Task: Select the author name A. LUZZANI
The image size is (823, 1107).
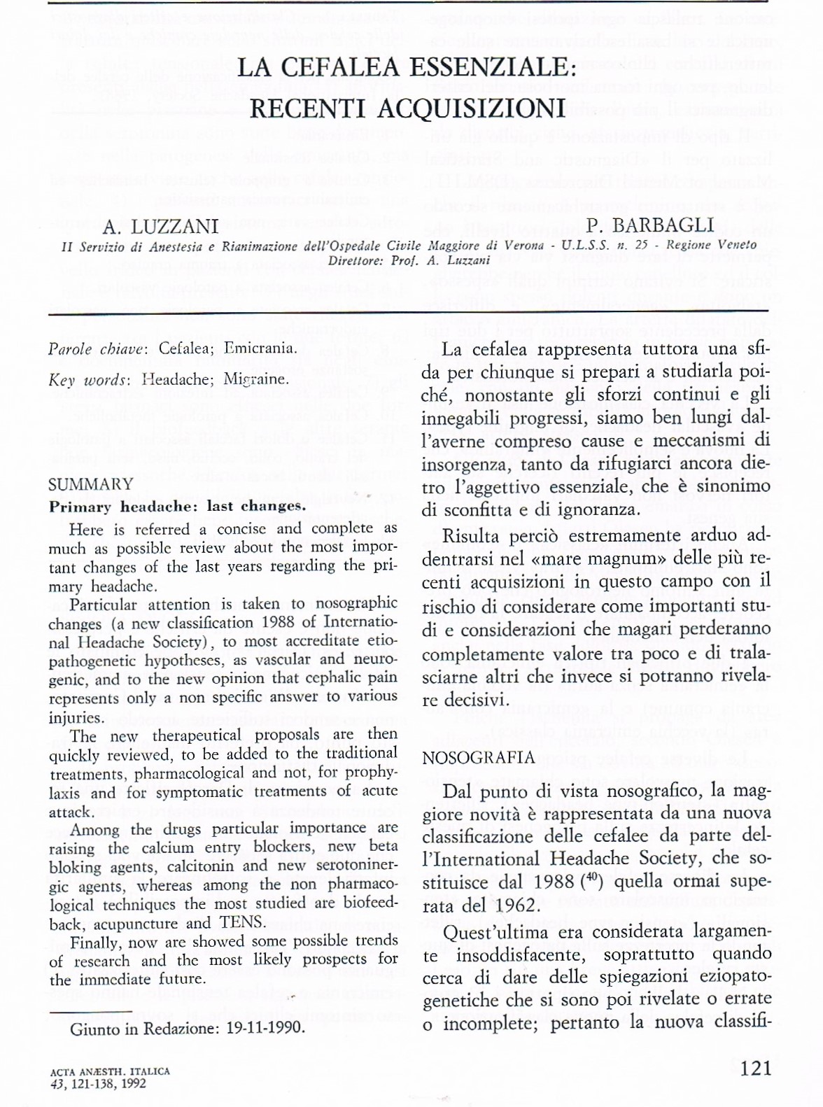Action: [x=161, y=227]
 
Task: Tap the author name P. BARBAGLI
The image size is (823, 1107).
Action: [x=651, y=225]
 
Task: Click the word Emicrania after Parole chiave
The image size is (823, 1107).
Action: [x=260, y=348]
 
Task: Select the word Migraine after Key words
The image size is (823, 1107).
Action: [x=255, y=380]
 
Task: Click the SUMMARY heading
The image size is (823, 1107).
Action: [x=91, y=484]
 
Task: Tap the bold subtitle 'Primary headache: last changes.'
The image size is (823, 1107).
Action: [x=177, y=507]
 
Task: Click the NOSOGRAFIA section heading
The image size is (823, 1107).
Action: [x=479, y=758]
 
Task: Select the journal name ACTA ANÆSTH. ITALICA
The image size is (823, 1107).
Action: [x=110, y=1071]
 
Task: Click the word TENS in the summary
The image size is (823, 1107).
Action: [x=242, y=922]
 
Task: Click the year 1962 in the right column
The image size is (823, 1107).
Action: [x=514, y=905]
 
